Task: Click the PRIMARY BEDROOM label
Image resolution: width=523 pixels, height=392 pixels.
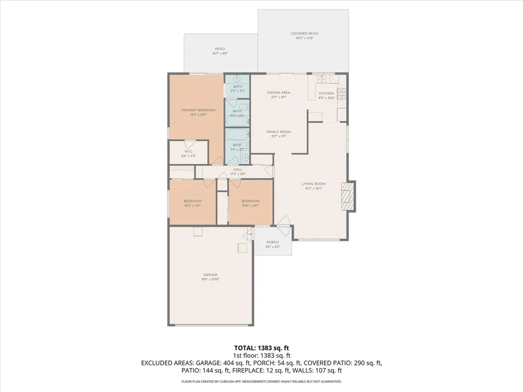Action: coord(199,110)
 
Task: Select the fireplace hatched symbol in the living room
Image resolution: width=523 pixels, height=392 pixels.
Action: coord(347,197)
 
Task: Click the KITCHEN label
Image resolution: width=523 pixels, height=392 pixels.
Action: coord(326,93)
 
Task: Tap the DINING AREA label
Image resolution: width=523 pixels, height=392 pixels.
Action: coord(279,92)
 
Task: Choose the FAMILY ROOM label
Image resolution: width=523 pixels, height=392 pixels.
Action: coord(278,132)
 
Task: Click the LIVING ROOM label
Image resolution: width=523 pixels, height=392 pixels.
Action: coord(314,184)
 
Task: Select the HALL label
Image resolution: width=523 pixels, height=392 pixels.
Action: coord(237,169)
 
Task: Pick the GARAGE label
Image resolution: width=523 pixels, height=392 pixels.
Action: coord(210,275)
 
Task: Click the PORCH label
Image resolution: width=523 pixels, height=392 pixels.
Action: coord(273,242)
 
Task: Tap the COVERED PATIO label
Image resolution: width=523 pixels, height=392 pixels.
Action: coord(302,34)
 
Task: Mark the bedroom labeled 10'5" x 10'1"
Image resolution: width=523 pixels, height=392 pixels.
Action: coord(193,203)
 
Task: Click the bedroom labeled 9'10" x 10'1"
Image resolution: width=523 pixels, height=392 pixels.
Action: coord(250,203)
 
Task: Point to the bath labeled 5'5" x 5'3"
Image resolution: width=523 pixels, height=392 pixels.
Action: coord(237,88)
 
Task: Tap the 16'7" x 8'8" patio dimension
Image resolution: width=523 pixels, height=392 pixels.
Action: coord(220,54)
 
